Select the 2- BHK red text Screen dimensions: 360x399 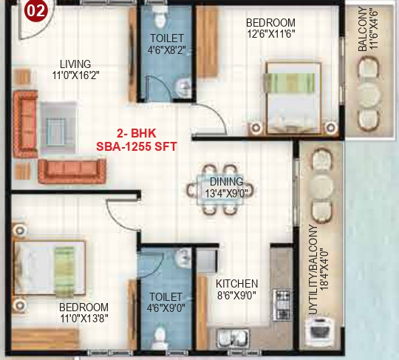click(137, 134)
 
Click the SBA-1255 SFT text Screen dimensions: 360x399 click(137, 146)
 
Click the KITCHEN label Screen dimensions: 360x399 click(236, 283)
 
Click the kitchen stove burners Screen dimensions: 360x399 click(281, 300)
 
